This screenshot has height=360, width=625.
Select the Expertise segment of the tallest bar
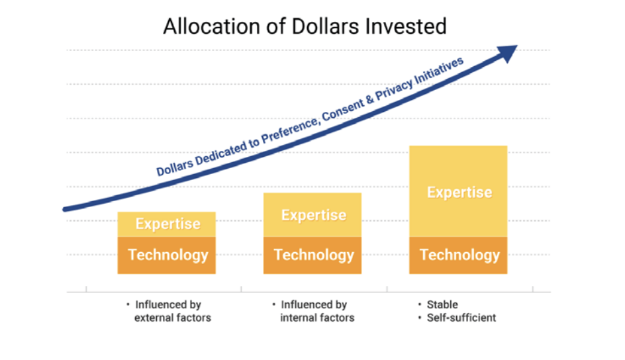(x=458, y=191)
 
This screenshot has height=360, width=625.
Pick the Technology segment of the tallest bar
(x=458, y=255)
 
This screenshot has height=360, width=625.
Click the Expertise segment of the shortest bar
(x=167, y=224)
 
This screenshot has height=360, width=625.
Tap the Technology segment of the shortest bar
(x=167, y=255)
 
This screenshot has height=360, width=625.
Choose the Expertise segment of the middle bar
(x=312, y=215)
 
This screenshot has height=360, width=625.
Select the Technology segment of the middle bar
(x=312, y=255)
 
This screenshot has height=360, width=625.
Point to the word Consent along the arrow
(x=342, y=109)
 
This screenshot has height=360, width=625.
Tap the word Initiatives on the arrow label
(x=439, y=71)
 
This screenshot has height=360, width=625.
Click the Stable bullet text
(x=442, y=304)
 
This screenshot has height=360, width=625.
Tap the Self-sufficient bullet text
(x=461, y=318)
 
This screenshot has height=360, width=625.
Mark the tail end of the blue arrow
(x=65, y=209)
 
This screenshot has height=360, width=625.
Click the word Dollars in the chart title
(x=325, y=26)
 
